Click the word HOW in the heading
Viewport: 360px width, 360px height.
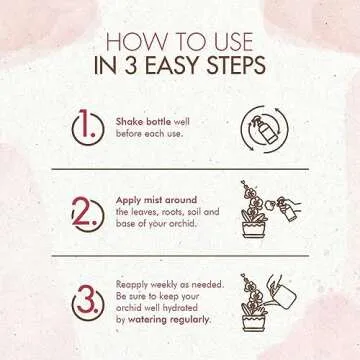point(133,43)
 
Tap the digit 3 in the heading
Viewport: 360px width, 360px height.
point(132,65)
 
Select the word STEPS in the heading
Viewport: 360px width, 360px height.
point(236,65)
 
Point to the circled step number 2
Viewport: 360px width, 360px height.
point(88,215)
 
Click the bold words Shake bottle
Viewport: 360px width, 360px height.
point(143,122)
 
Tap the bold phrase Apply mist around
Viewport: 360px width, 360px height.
point(156,200)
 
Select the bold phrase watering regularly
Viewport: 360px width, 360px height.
point(170,319)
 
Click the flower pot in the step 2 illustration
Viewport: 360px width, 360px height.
point(254,229)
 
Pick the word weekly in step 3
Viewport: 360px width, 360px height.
point(162,285)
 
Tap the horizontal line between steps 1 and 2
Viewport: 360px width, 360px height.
point(180,169)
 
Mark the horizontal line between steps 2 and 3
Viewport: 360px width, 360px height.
point(180,256)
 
